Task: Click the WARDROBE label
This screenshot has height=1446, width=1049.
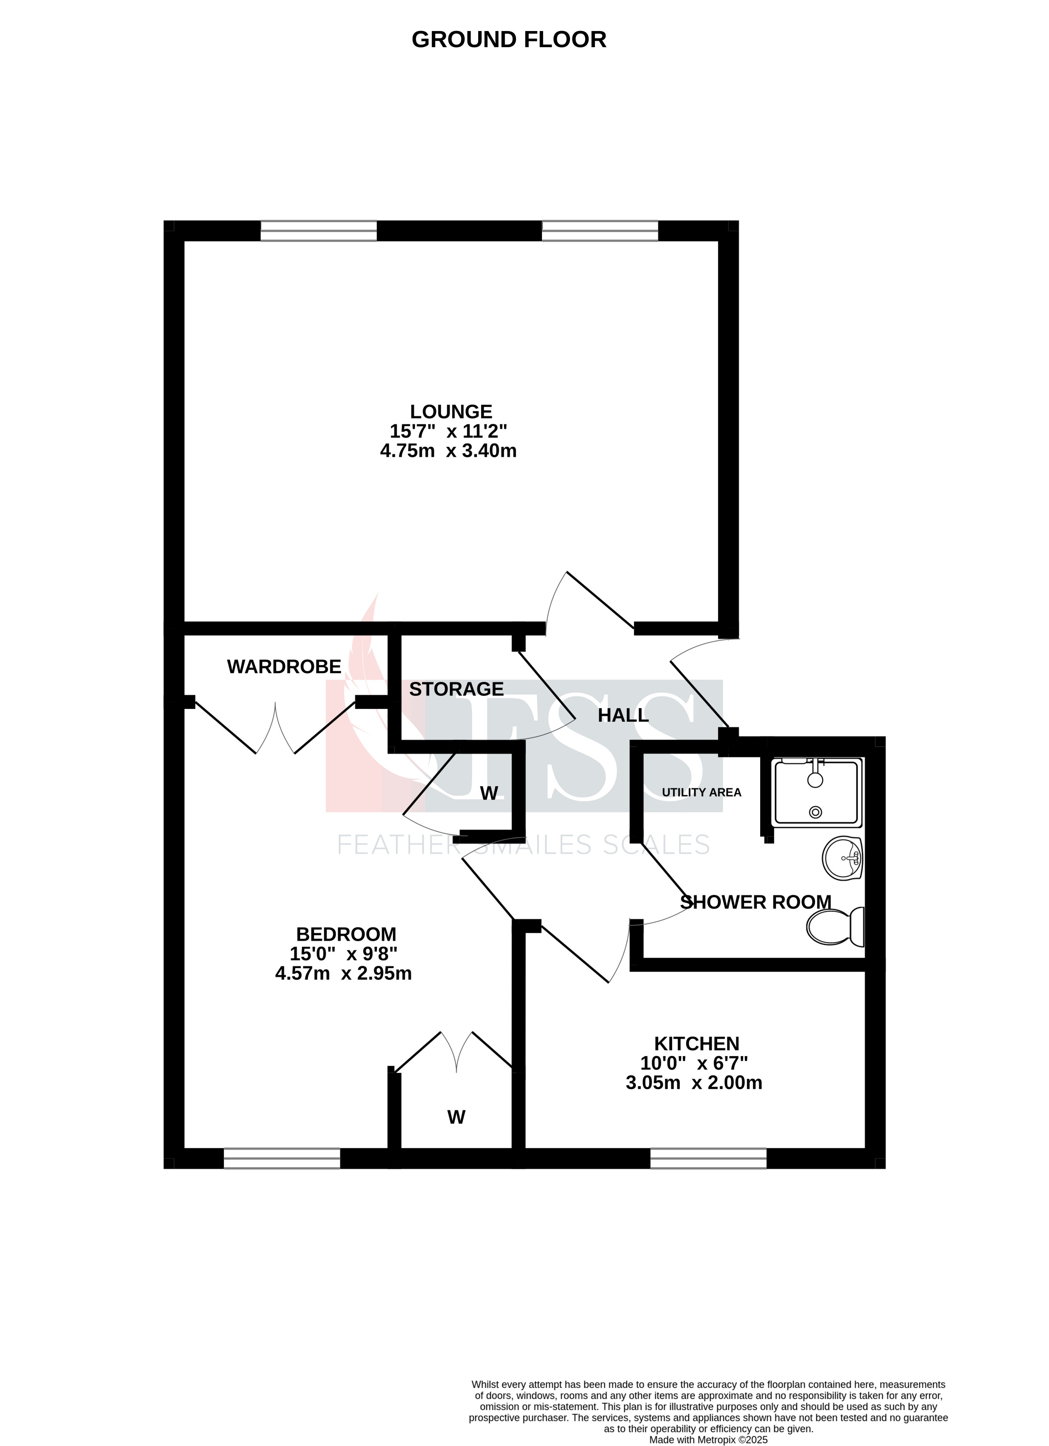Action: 284,667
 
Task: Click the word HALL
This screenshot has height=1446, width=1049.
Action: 623,715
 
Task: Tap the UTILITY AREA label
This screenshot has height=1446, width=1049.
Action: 701,793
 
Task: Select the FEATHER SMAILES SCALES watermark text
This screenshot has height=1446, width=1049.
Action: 522,845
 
